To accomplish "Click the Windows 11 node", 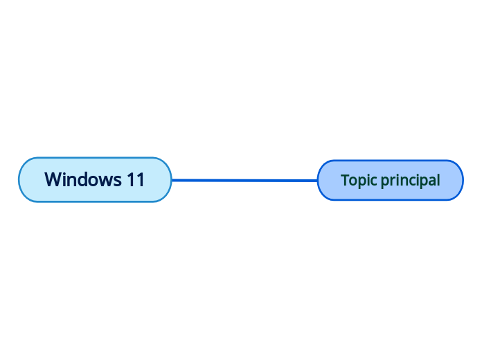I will click(x=95, y=180).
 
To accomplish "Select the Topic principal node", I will click(x=390, y=180).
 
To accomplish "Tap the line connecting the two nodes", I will click(x=244, y=180).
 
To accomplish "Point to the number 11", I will click(x=136, y=180).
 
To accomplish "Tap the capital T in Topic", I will click(x=344, y=180).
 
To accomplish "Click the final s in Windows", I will click(x=118, y=180).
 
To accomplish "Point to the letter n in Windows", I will click(x=75, y=180).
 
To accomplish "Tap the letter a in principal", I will click(x=430, y=181).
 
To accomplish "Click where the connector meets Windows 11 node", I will click(x=172, y=180).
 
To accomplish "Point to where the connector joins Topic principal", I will click(x=318, y=180).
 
